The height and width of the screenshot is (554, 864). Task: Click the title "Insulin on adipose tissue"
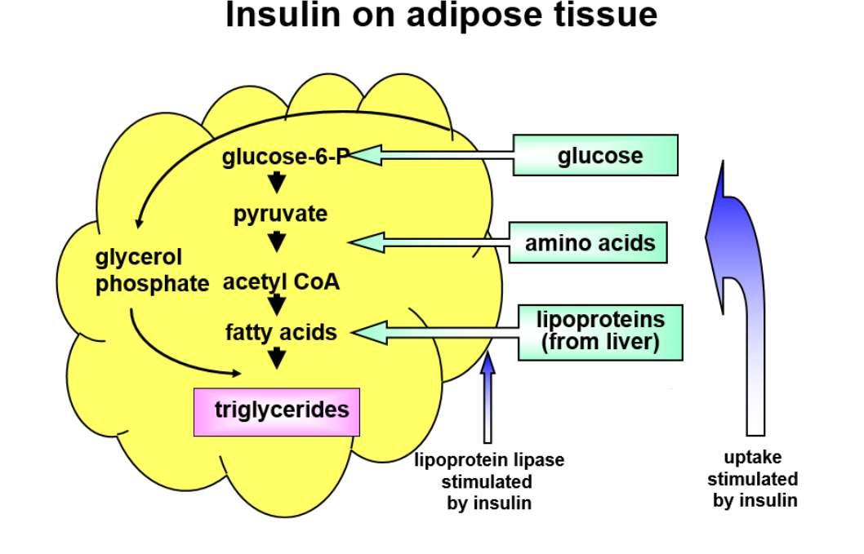pos(441,16)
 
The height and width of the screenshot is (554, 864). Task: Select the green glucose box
pos(595,155)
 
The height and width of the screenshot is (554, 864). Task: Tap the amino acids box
pos(588,242)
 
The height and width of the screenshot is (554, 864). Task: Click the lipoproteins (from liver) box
pos(600,331)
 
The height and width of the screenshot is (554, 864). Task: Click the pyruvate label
pos(280,214)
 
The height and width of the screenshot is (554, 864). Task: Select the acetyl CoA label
pos(281,282)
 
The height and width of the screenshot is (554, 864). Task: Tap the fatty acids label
pos(281,332)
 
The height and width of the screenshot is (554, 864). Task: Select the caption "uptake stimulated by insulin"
pos(752,479)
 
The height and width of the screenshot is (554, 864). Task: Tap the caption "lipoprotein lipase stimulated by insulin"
pos(489,481)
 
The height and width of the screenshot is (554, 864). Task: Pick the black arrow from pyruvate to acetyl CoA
pos(278,242)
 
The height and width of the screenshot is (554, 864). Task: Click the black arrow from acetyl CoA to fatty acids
pos(278,305)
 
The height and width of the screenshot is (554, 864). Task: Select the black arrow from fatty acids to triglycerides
pos(278,357)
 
